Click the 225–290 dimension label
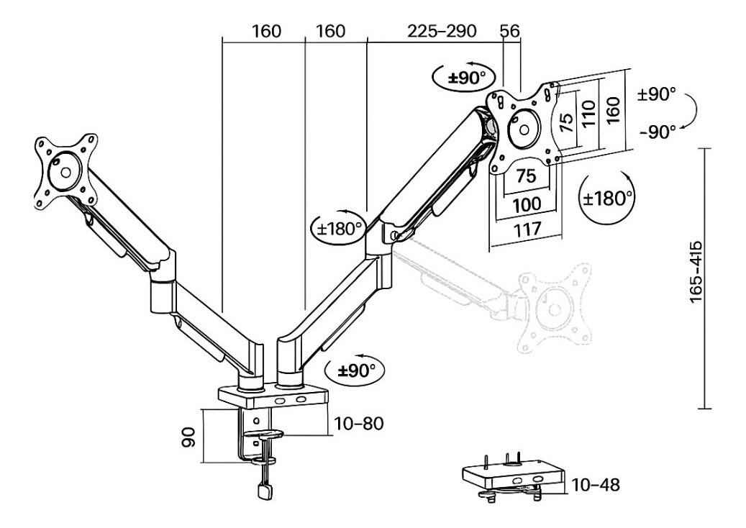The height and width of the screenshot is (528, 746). coord(442,32)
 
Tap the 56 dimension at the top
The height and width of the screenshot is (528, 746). coord(510,32)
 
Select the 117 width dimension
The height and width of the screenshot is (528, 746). coord(527,229)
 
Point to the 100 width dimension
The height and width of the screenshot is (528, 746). coord(527,205)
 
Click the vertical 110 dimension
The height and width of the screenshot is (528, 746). coord(588,113)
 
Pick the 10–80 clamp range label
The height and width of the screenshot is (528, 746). coord(359,423)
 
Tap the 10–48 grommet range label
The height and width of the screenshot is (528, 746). coord(596,485)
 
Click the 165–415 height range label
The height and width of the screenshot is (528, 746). coord(696,272)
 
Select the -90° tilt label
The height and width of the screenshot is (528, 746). coord(658,132)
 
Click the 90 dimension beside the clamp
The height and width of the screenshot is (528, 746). coord(189,437)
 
